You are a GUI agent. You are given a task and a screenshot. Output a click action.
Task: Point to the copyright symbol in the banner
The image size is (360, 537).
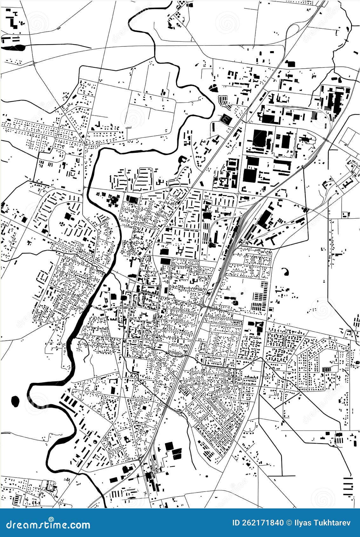tap(289, 523)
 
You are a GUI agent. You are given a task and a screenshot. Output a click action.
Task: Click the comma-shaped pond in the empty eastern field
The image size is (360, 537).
tap(285, 271)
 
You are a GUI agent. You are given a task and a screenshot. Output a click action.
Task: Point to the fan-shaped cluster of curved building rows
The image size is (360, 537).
tap(224, 100)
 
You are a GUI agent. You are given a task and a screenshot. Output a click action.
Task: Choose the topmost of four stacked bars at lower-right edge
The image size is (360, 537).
tap(348, 478)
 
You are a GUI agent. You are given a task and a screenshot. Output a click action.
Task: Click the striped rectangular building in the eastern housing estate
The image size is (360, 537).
tap(326, 369)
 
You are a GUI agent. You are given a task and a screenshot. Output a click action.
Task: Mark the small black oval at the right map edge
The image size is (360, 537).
tap(357, 362)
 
